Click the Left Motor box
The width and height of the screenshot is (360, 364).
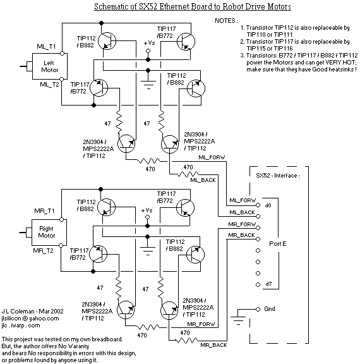point(50,66)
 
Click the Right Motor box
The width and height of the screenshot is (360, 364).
point(49,233)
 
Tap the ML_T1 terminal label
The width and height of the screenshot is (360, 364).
point(46,47)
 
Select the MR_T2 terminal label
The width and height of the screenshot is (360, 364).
point(43,251)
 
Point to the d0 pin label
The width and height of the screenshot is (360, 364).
point(268,205)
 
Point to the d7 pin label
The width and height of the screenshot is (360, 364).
point(268,284)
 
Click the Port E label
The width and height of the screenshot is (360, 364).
point(278,244)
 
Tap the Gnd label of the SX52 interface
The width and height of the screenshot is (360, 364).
point(270,309)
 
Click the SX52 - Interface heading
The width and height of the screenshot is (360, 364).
point(278,176)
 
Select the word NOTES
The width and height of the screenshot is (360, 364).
point(225,21)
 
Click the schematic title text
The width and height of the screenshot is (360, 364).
point(193,6)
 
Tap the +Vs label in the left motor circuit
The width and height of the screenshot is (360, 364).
point(149,43)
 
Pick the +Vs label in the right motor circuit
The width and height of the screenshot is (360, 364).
point(147,210)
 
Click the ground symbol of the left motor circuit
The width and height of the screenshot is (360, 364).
point(148,85)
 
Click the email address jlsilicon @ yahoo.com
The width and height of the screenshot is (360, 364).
point(30,318)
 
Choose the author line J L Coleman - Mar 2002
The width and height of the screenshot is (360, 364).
point(32,312)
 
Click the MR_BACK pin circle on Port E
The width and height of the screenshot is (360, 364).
point(258,239)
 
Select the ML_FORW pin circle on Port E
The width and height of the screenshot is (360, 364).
point(258,205)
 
